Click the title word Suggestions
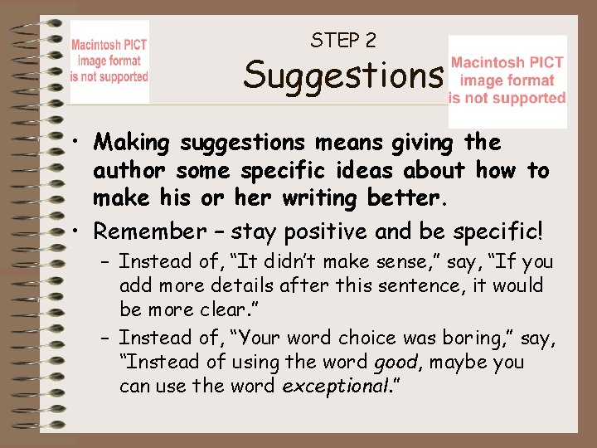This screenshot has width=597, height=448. coord(342,76)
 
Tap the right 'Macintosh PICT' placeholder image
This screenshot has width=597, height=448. coord(507,80)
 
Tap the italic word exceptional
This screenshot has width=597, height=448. coord(326,386)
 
